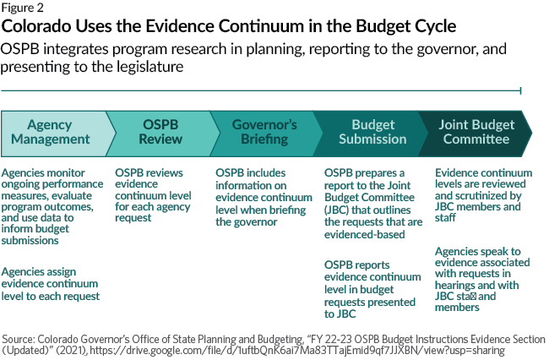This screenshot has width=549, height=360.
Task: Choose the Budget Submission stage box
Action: pos(372,132)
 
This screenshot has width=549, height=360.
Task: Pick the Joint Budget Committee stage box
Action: pos(478,132)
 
